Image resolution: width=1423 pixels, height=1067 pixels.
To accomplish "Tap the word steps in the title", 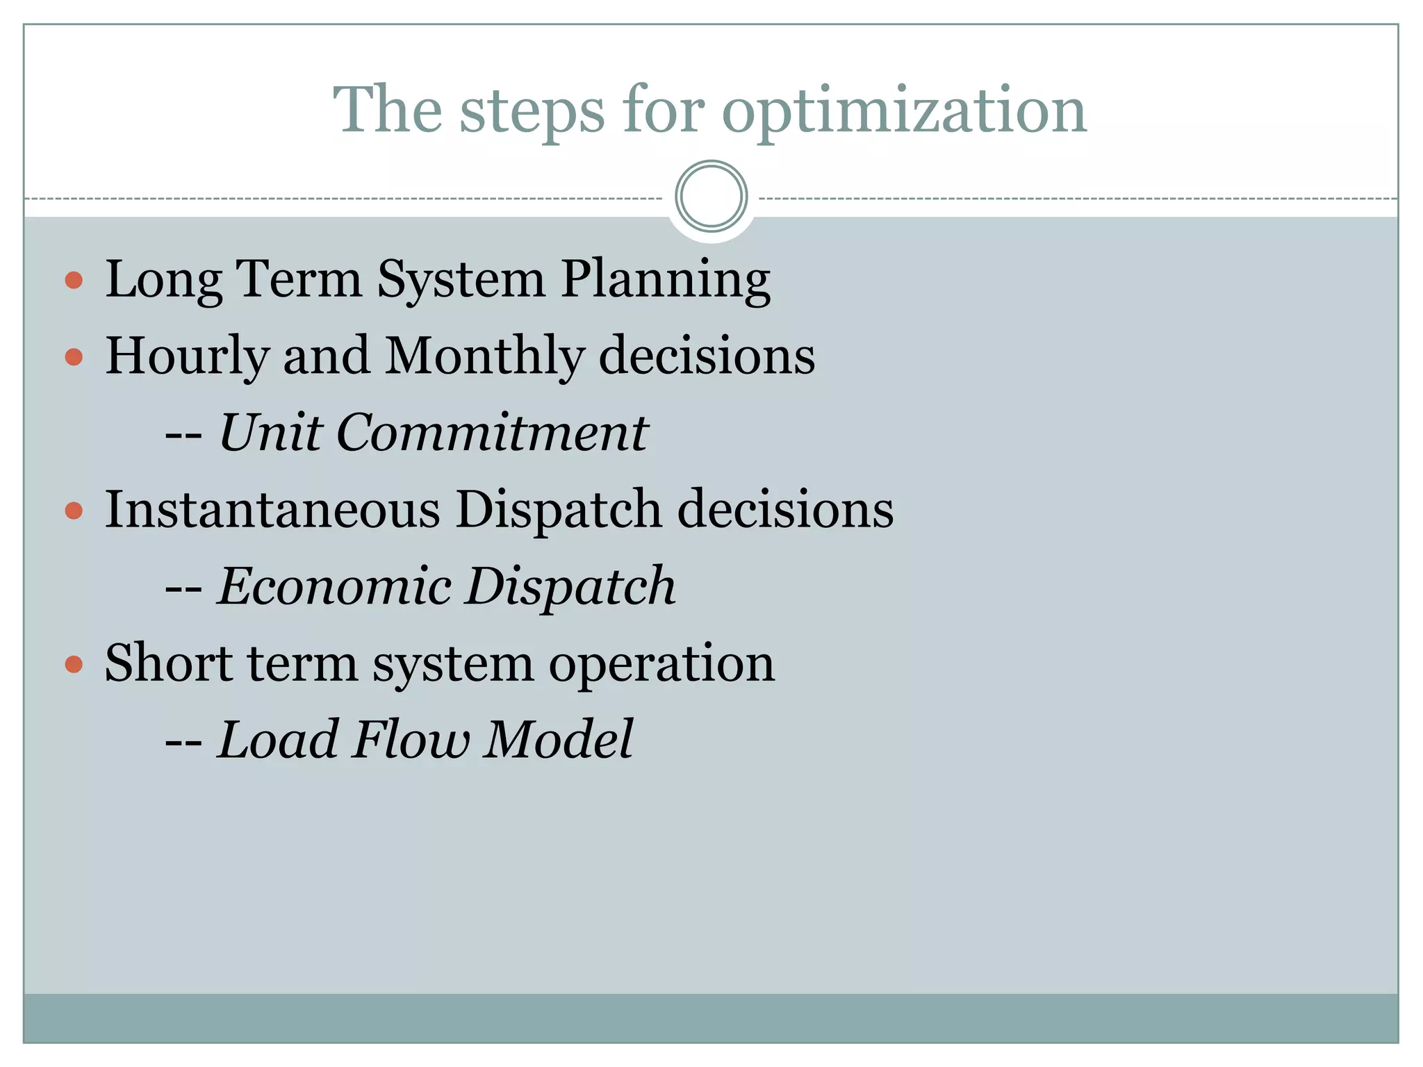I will pos(532,111).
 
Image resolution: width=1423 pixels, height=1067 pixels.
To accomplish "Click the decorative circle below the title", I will pos(711,196).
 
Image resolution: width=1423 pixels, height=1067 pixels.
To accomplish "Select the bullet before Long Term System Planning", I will pos(74,281).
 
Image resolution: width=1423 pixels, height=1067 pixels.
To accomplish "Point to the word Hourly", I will pos(186,357).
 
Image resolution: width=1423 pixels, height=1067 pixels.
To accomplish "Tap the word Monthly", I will pos(484,356).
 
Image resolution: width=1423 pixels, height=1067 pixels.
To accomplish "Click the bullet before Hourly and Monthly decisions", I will pos(74,357).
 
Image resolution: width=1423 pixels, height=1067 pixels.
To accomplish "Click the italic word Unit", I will pos(271,432).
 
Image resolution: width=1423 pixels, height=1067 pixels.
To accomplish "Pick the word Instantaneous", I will pos(272,509).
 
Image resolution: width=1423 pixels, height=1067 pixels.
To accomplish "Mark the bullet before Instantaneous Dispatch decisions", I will pos(74,511).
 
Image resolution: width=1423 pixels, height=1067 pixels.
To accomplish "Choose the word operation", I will pos(661,665).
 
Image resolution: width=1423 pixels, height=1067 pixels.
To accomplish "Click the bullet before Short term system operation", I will pos(74,665).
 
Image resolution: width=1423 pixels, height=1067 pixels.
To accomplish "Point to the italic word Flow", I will pos(411,739).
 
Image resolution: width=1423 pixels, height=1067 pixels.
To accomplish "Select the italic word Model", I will pos(559,739).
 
